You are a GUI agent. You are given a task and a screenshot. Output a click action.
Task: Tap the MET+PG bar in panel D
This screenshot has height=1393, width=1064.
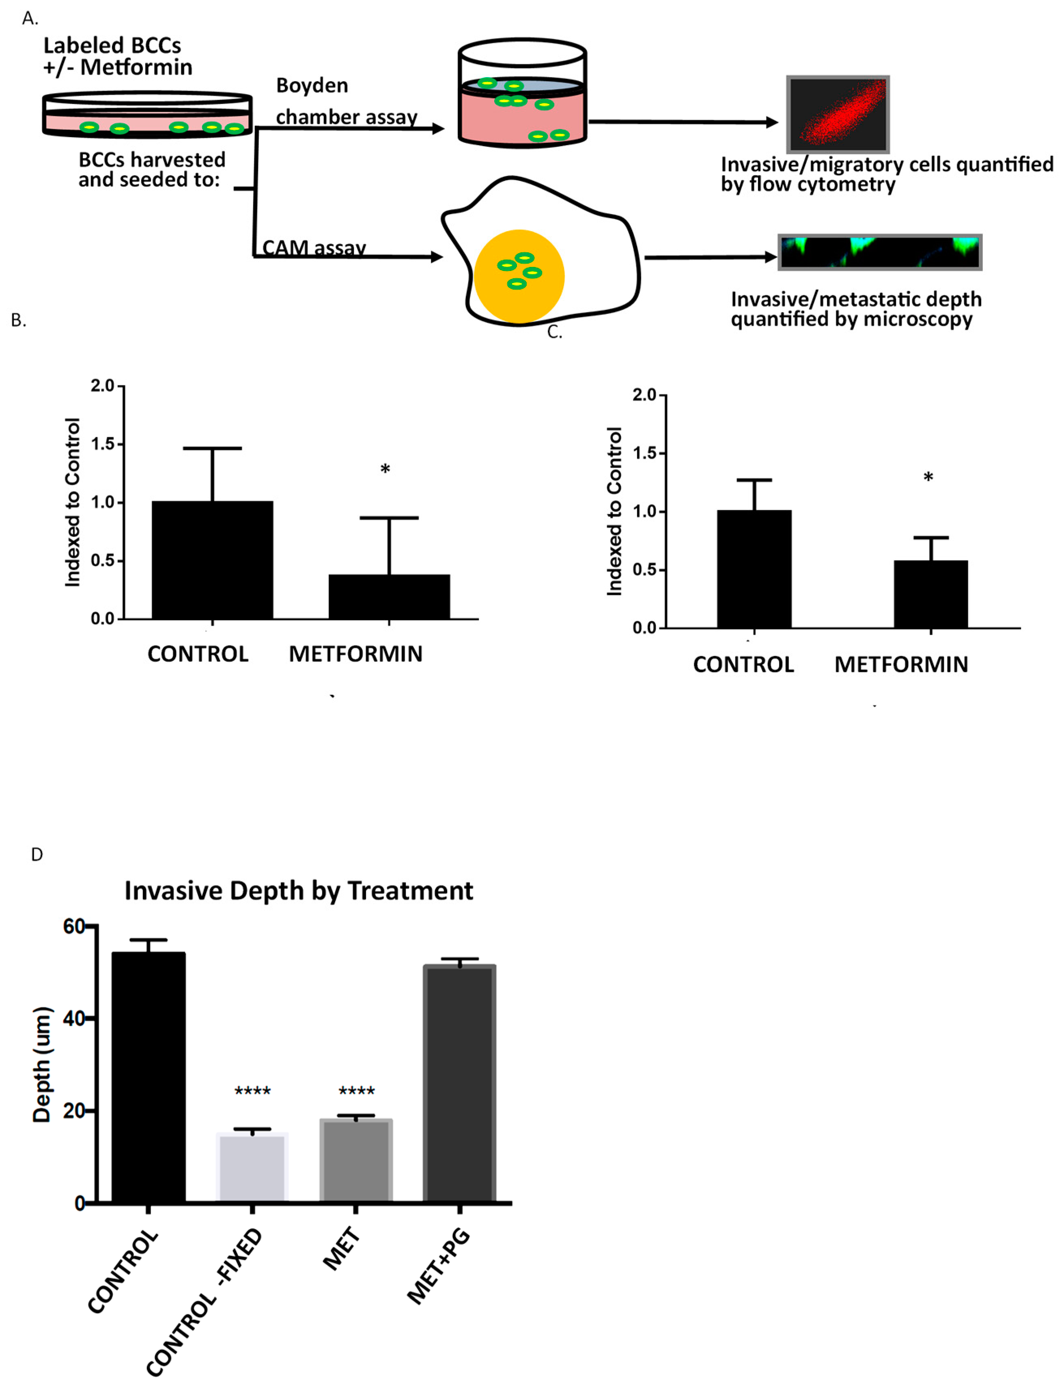click(459, 1083)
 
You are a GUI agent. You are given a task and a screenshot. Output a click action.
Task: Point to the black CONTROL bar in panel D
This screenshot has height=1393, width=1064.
click(148, 1077)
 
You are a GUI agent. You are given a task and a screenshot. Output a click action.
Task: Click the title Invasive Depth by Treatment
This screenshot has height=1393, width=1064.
click(298, 890)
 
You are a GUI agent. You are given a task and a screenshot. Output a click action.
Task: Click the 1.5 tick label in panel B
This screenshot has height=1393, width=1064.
click(103, 444)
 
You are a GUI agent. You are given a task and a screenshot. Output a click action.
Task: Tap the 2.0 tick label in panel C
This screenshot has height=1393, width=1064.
click(645, 395)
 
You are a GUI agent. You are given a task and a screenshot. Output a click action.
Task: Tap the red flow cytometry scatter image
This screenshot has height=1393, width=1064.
click(837, 114)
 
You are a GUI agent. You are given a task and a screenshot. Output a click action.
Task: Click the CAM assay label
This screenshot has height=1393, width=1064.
click(314, 247)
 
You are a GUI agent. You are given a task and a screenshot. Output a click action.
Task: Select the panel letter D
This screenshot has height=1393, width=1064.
click(37, 855)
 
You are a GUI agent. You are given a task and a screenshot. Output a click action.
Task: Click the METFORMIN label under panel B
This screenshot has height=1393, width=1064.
click(355, 654)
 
